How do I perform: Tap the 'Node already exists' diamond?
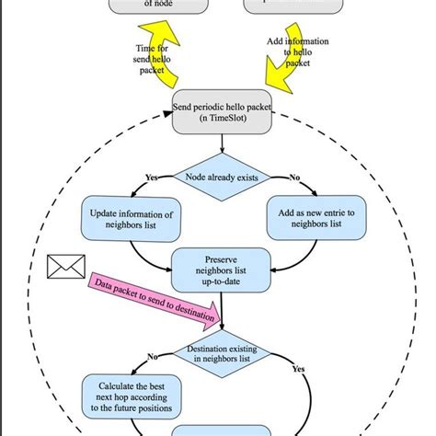tap(222, 177)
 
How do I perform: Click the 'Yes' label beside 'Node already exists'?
tap(152, 177)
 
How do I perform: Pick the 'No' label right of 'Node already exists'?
tap(295, 177)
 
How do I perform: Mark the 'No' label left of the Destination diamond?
tap(153, 355)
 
